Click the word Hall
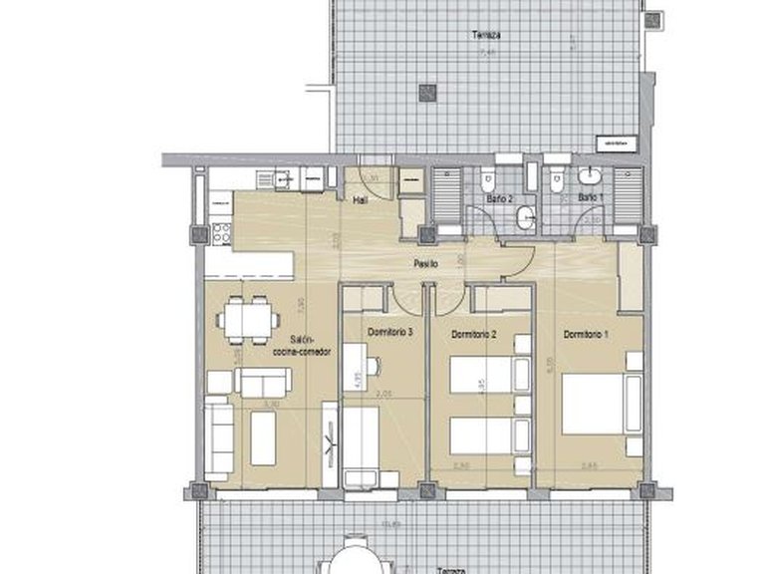coord(362,200)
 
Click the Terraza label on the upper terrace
coord(486,35)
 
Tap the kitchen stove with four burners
coord(220,235)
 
